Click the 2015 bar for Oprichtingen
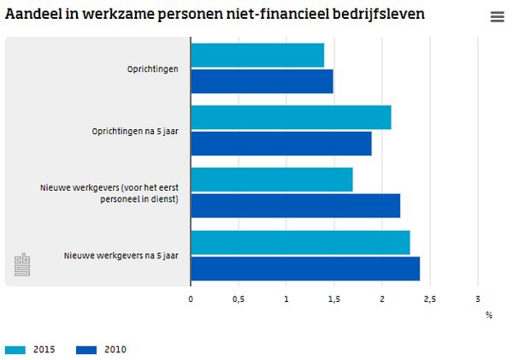click(x=257, y=56)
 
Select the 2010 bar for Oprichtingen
click(x=262, y=81)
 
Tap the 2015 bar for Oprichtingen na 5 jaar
click(x=291, y=118)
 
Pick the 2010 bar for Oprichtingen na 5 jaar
click(x=281, y=144)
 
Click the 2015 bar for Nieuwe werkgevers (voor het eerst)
click(x=272, y=180)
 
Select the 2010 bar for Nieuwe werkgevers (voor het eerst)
click(x=295, y=206)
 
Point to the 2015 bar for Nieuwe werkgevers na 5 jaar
click(x=300, y=243)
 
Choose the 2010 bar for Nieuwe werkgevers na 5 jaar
click(x=305, y=269)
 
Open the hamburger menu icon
click(x=497, y=17)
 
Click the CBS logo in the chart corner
click(x=23, y=266)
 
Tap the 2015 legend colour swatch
click(x=16, y=349)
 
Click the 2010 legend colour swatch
click(x=87, y=349)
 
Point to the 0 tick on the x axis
click(x=191, y=298)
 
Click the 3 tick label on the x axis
click(x=478, y=298)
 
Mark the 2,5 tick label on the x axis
click(x=430, y=298)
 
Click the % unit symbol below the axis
click(x=489, y=315)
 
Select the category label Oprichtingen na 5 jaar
click(x=135, y=132)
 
